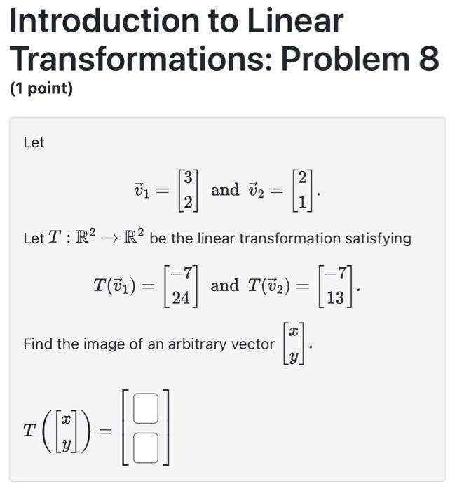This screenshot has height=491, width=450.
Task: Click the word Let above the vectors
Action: click(34, 143)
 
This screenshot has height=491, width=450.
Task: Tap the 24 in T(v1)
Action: click(181, 298)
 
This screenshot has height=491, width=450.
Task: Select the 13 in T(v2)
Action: click(335, 298)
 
